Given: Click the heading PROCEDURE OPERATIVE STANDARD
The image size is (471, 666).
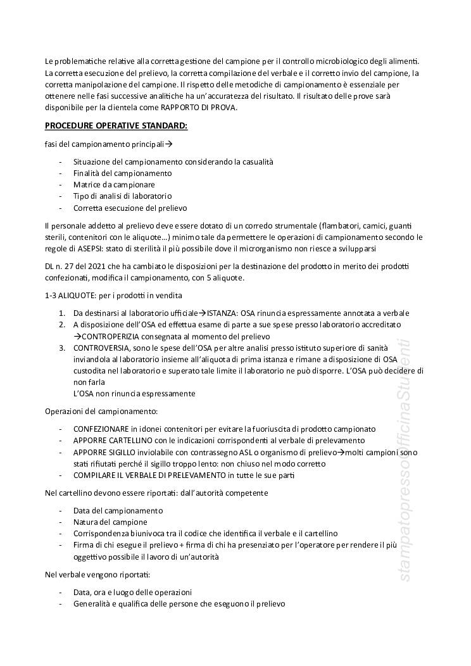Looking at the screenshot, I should pos(116,126).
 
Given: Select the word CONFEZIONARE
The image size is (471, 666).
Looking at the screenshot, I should pos(103,429).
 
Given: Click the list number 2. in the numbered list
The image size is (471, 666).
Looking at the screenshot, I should pos(62,324).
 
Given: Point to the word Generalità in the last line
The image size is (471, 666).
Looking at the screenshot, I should pos(92,604).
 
